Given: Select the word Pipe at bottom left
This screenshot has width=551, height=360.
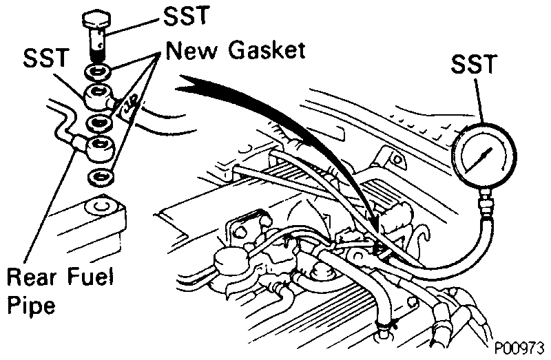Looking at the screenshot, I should (x=31, y=305).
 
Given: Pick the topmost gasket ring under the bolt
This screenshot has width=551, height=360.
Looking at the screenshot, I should (x=96, y=71).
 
